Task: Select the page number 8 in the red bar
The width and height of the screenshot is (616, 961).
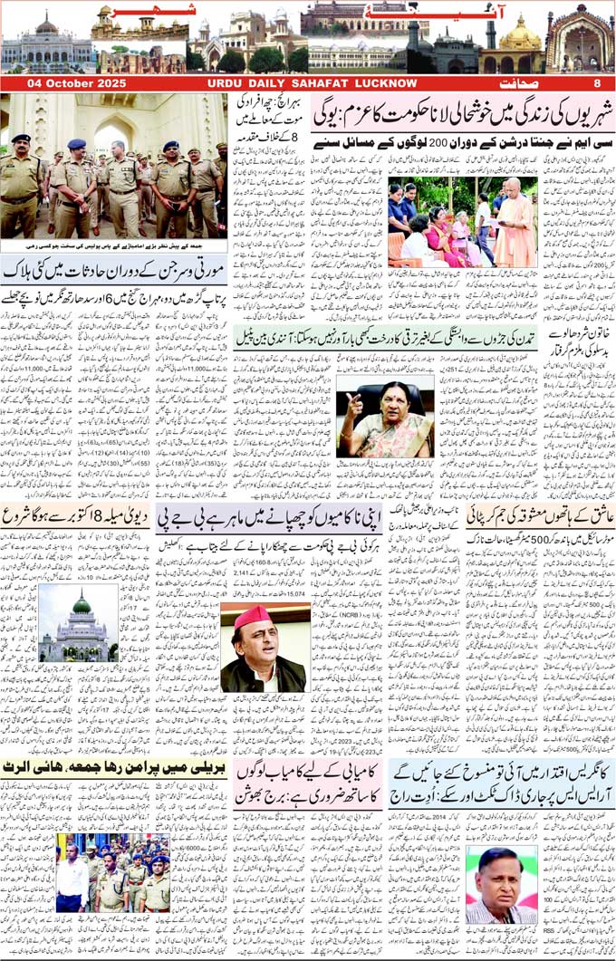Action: click(x=597, y=83)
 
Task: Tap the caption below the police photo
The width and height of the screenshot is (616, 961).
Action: click(x=113, y=245)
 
